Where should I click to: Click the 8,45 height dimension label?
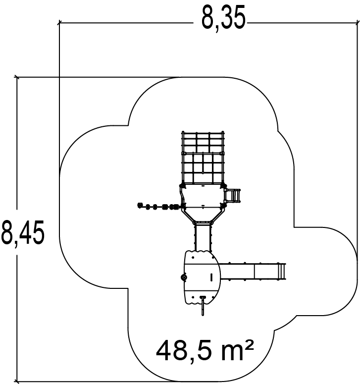click(22, 233)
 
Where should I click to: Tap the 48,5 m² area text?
click(205, 351)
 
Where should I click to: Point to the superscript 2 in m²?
click(249, 345)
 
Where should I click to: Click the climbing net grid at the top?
click(203, 158)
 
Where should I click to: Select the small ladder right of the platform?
click(233, 195)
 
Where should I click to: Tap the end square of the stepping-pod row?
click(140, 205)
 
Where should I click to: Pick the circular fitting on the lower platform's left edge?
click(184, 277)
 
